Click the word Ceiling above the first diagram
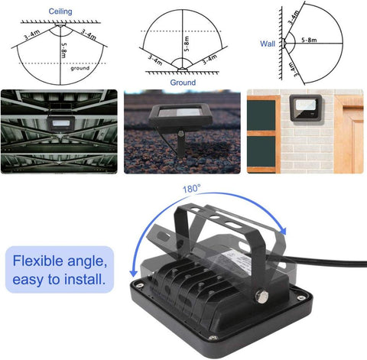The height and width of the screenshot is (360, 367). click(61, 12)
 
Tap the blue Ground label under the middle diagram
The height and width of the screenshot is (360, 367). click(183, 82)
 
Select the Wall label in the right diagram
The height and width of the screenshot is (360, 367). click(267, 44)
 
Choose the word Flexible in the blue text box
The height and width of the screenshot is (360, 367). click(44, 260)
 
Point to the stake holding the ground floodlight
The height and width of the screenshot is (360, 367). click(180, 145)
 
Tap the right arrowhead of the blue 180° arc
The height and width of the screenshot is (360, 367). click(284, 232)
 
